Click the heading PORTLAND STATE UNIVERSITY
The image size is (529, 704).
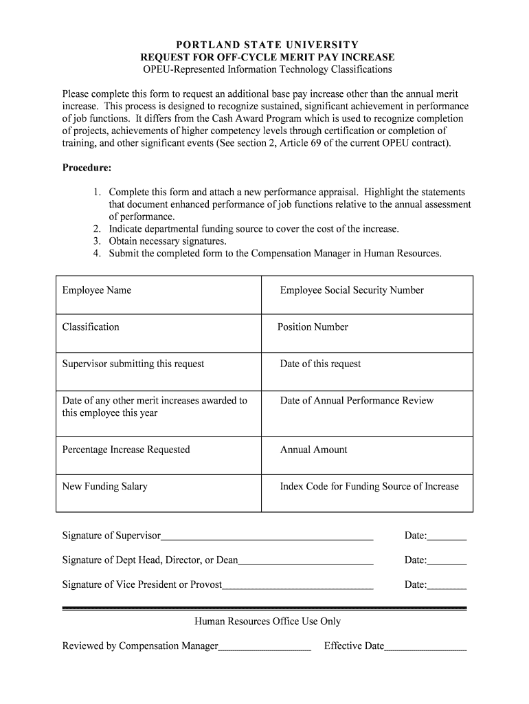pos(267,45)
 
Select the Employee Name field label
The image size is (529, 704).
pos(96,290)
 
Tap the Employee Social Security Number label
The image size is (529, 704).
pos(351,290)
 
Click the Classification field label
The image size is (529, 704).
pos(91,327)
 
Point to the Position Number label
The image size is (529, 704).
pos(313,327)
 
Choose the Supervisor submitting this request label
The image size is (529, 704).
pos(133,364)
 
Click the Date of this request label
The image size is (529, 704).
pos(320,364)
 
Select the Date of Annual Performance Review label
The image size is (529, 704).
pos(357,401)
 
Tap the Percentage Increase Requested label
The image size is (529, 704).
pos(126,450)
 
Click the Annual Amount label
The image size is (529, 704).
pos(313,450)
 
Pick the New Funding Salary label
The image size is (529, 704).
pos(104,487)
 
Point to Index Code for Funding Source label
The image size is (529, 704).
pos(369,487)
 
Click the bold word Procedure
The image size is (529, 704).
pos(87,168)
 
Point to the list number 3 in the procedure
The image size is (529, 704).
pos(98,241)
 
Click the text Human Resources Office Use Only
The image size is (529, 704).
pos(267,621)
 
